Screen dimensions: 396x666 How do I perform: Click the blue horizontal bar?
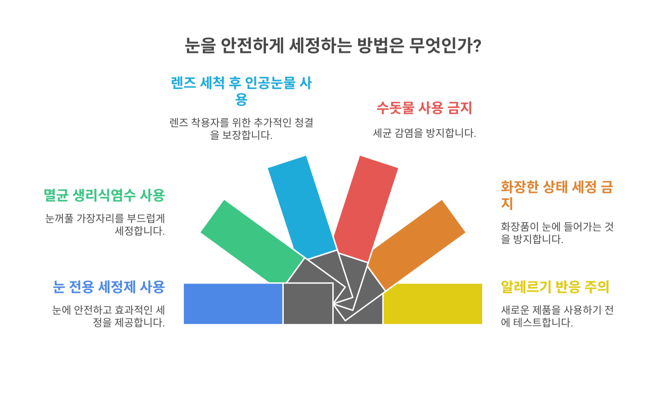click(x=233, y=304)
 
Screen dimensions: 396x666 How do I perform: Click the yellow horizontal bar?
click(x=433, y=304)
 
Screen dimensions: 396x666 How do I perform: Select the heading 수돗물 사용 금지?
click(x=424, y=108)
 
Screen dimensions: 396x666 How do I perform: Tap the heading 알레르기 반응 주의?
click(x=555, y=287)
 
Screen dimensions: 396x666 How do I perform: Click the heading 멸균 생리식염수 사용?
click(x=104, y=195)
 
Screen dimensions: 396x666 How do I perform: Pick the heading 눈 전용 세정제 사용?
click(x=109, y=287)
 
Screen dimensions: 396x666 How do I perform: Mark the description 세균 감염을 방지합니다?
click(x=424, y=133)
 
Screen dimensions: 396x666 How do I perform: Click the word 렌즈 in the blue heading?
click(x=183, y=83)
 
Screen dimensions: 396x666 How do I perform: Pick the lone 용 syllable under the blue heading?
click(x=241, y=100)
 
